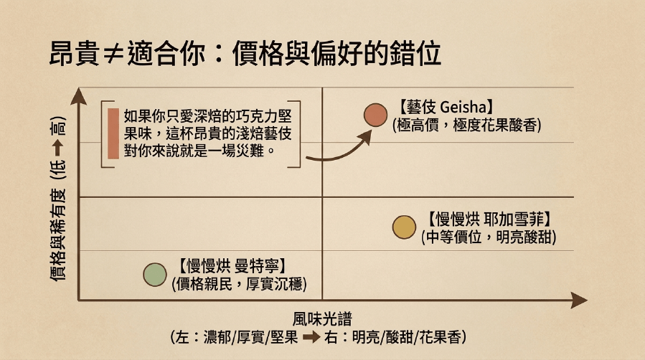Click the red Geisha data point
point(375,115)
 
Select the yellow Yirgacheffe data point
point(405,227)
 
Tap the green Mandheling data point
point(155,275)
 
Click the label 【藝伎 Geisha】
point(446,108)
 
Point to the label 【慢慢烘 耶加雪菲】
point(489,219)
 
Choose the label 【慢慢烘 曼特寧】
point(232,266)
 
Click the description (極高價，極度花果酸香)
point(467,125)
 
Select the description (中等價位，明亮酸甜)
point(489,237)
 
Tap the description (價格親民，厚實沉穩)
point(239,284)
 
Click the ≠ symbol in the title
point(113,55)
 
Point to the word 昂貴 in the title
point(75,53)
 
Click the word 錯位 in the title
point(416,53)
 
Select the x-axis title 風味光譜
point(322,319)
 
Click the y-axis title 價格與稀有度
point(57,235)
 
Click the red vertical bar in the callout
point(113,133)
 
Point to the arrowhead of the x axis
point(579,300)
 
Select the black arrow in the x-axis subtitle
point(311,337)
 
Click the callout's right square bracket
point(299,134)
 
